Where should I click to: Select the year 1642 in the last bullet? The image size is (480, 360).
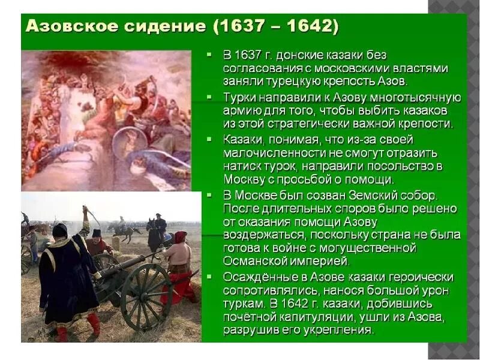pyautogui.click(x=288, y=304)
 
